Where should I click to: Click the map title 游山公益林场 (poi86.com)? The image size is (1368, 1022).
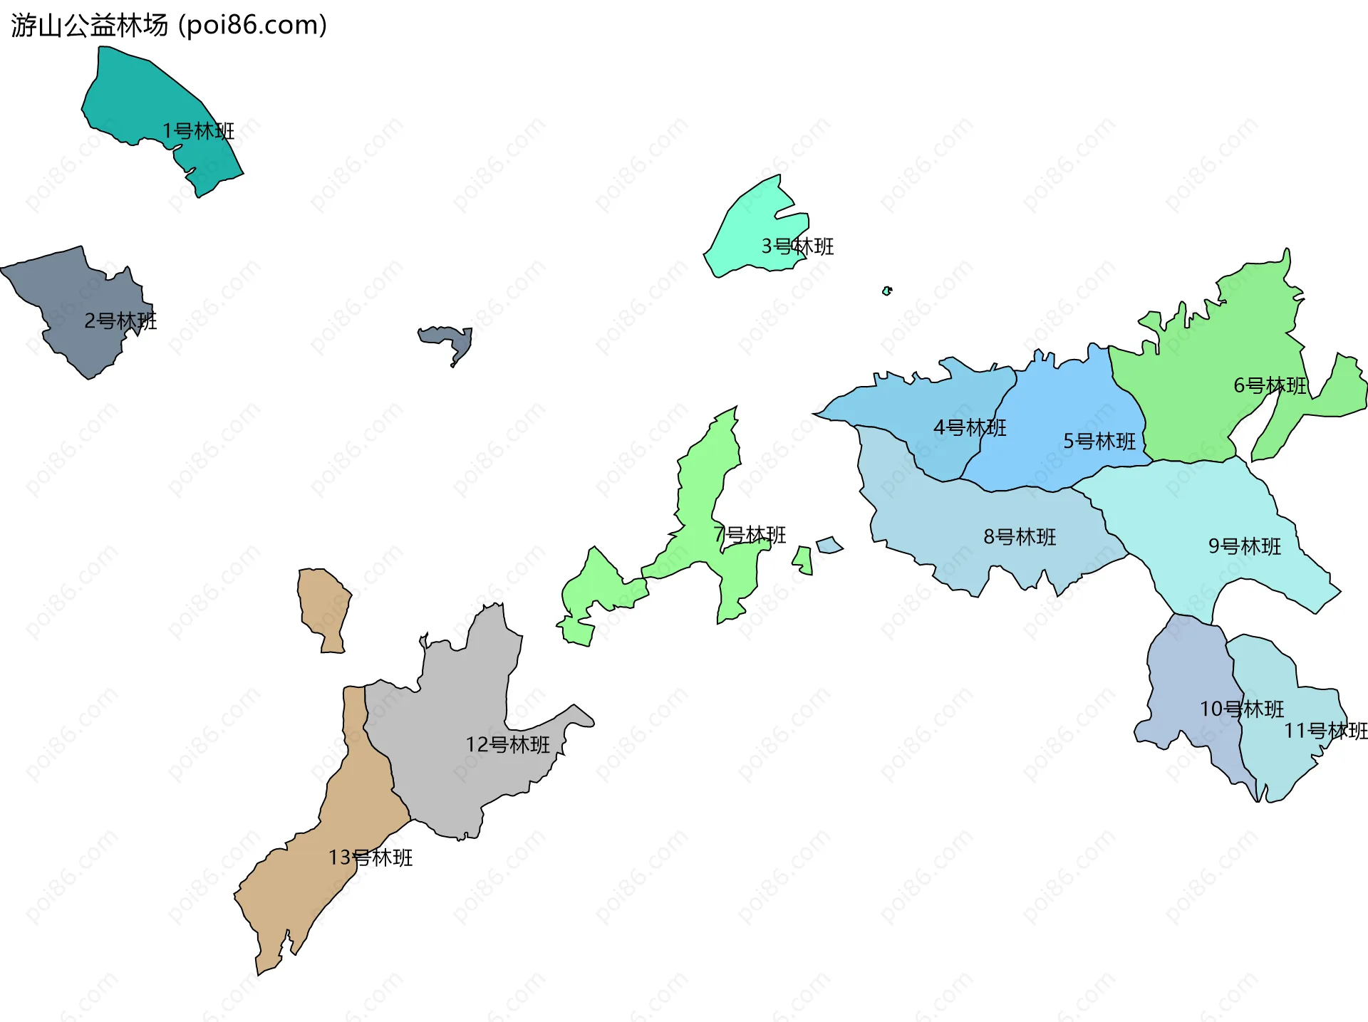pyautogui.click(x=169, y=26)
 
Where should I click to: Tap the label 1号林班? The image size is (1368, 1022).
pyautogui.click(x=198, y=131)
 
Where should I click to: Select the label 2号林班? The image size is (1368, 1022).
pyautogui.click(x=120, y=321)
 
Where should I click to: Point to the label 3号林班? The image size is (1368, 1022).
pyautogui.click(x=797, y=246)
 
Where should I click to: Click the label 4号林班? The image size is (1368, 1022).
pyautogui.click(x=970, y=427)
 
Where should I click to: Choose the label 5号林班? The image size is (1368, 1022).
pyautogui.click(x=1099, y=442)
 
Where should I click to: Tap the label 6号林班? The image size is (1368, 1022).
pyautogui.click(x=1270, y=385)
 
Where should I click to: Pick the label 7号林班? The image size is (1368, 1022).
pyautogui.click(x=750, y=535)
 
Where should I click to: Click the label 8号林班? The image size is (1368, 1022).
pyautogui.click(x=1020, y=537)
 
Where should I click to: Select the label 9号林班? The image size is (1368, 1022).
pyautogui.click(x=1245, y=546)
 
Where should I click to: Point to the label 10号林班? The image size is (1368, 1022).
pyautogui.click(x=1242, y=709)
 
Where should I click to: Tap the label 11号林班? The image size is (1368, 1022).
pyautogui.click(x=1325, y=731)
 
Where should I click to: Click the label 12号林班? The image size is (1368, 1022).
pyautogui.click(x=507, y=745)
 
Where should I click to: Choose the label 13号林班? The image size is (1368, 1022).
pyautogui.click(x=370, y=857)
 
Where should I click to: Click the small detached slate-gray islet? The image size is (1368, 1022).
pyautogui.click(x=449, y=339)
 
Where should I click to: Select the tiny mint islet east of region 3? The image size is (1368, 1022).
pyautogui.click(x=886, y=291)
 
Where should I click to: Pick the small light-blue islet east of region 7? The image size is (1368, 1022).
pyautogui.click(x=829, y=546)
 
